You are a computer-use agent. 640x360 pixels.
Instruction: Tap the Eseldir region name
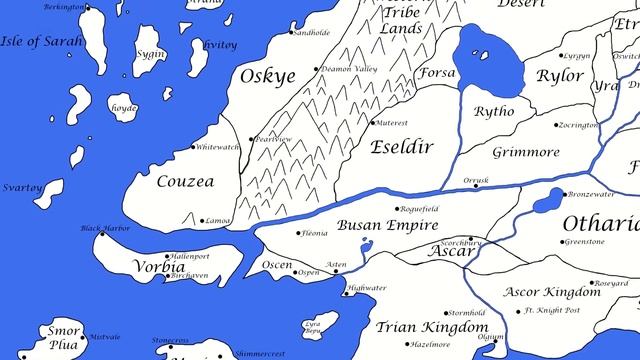click(401, 147)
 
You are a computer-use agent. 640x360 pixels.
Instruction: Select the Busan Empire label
click(383, 225)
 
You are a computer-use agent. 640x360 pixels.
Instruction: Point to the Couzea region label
click(185, 182)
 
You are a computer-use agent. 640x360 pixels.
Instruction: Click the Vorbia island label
click(158, 268)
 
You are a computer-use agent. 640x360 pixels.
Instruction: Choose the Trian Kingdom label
click(432, 327)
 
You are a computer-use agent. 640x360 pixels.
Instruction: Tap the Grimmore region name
click(525, 153)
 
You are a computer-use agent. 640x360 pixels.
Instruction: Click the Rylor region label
click(560, 77)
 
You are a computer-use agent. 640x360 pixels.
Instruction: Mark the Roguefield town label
click(420, 208)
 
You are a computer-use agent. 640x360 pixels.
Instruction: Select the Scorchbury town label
click(462, 242)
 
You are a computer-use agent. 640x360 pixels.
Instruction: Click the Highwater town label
click(366, 288)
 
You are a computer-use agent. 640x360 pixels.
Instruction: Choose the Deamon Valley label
click(349, 69)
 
